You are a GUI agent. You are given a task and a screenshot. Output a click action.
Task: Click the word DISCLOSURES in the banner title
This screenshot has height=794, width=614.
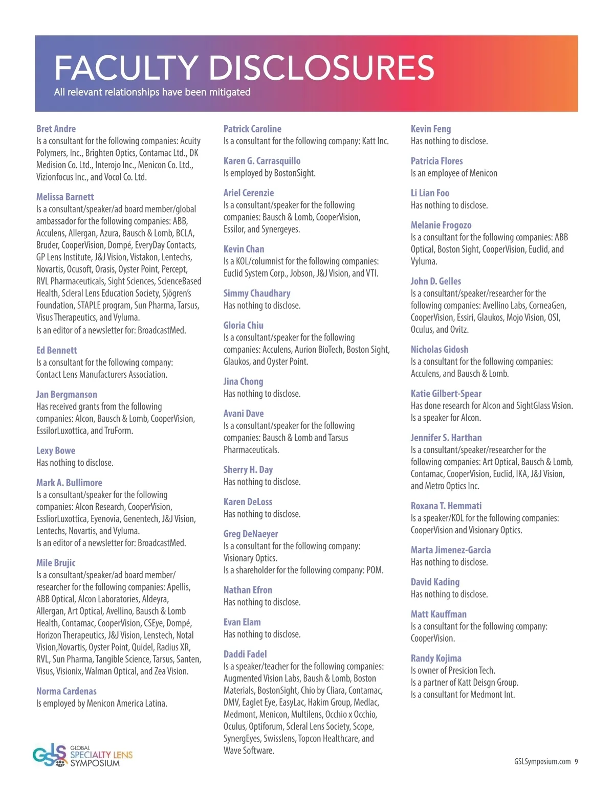(322, 67)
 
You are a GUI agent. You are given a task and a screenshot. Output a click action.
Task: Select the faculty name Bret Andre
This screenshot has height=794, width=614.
(56, 129)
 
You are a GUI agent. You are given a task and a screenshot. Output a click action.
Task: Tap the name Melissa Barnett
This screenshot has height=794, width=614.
(65, 197)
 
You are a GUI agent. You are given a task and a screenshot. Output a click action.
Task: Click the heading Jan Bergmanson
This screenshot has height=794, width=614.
(67, 394)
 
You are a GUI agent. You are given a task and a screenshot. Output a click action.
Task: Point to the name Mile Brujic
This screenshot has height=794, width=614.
(56, 563)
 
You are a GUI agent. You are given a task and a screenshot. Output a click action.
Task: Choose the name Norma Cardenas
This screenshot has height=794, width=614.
(67, 691)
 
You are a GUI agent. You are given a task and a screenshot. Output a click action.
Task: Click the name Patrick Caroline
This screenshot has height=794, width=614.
(252, 129)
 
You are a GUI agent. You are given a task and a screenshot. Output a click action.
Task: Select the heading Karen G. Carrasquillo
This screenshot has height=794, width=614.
(262, 161)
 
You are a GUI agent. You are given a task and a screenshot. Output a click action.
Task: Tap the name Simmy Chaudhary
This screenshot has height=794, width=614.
(257, 293)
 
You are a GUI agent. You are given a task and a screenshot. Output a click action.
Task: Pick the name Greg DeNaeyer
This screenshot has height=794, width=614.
(251, 534)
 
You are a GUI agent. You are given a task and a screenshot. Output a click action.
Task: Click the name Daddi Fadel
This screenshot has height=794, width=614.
(245, 654)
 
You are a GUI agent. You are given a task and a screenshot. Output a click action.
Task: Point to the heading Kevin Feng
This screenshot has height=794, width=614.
(431, 129)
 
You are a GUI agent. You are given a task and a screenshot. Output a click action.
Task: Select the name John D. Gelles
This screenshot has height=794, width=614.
(436, 281)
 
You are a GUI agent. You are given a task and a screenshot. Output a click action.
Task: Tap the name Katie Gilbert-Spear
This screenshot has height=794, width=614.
(446, 394)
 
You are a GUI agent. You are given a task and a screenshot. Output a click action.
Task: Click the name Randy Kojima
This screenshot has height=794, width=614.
(436, 659)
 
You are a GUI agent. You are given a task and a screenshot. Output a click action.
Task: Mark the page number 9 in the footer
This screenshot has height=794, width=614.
(576, 762)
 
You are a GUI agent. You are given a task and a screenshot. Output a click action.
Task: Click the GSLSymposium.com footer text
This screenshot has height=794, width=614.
(542, 762)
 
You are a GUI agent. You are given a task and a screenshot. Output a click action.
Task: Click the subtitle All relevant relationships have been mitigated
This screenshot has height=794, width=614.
(152, 93)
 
